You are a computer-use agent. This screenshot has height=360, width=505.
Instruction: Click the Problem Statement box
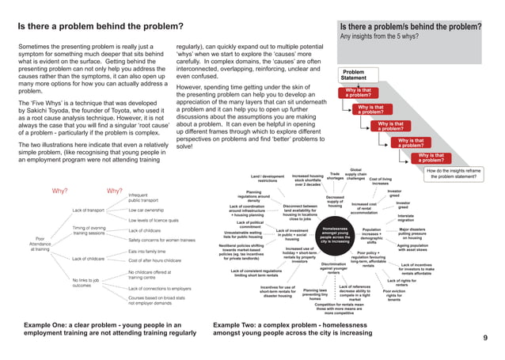point(354,75)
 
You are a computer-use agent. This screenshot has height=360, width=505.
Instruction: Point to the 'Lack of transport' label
point(89,210)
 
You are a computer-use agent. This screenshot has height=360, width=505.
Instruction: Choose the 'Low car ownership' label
point(146,210)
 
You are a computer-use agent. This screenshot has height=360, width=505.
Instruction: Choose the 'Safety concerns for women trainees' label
point(162,239)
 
